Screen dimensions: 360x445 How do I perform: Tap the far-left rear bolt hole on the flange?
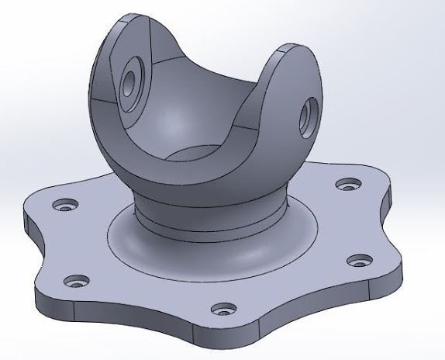pos(63,206)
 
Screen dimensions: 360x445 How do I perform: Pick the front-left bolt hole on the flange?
pos(75,280)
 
